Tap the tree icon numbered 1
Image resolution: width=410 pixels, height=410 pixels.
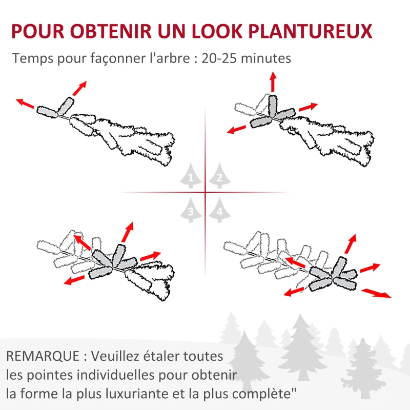pos(191,177)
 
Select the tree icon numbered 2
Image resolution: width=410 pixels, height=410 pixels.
pos(219,177)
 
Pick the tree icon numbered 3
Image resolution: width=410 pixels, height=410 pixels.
pos(191,210)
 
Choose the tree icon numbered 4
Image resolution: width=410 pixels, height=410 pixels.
pos(219,210)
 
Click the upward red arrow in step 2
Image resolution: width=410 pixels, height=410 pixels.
pos(273,81)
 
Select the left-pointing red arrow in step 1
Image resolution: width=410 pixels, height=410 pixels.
pos(25,103)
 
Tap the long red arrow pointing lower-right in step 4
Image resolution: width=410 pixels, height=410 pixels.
pos(376,293)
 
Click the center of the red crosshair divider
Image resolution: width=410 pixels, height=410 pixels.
pos(205,193)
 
